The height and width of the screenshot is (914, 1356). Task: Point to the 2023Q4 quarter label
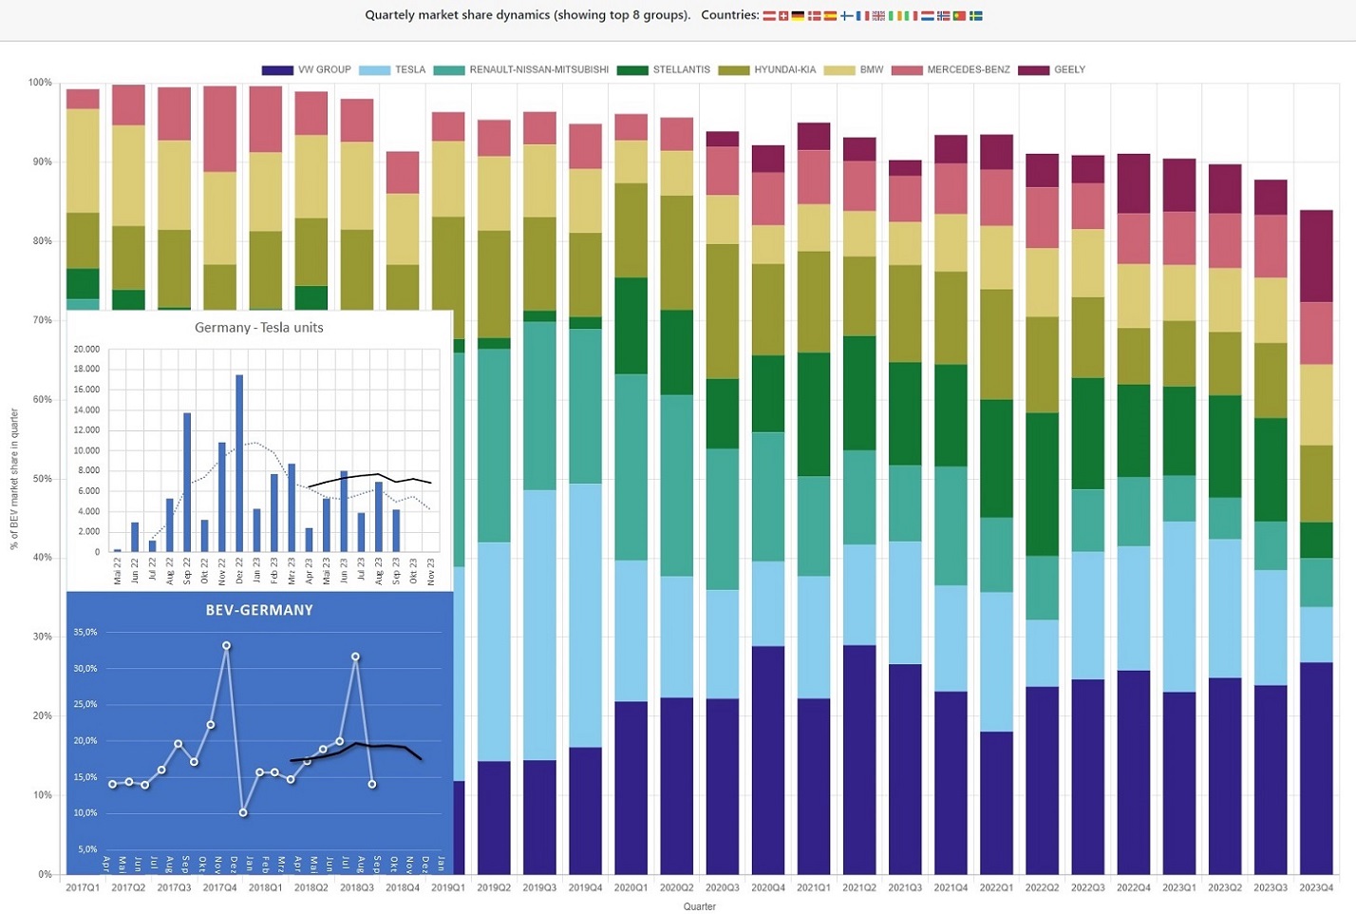tap(1316, 887)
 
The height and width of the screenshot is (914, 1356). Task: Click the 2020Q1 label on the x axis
tap(631, 887)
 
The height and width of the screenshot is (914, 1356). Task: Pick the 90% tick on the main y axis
tap(40, 162)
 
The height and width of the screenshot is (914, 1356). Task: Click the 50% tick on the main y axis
tap(40, 479)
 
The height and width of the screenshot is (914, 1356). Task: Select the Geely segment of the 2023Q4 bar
tap(1316, 256)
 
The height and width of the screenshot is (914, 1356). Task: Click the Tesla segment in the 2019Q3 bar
tap(539, 624)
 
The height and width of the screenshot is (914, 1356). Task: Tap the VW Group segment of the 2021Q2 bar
tap(859, 759)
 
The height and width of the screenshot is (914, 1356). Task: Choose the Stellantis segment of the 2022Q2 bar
tap(1042, 484)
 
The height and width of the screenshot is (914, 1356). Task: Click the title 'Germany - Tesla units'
tap(258, 328)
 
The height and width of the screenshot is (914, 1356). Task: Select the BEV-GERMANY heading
tap(259, 610)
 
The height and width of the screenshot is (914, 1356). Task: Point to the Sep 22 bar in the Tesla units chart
tap(187, 482)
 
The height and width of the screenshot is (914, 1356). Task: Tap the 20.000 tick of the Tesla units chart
tap(86, 349)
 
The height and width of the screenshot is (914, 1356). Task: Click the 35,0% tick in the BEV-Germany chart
tap(85, 632)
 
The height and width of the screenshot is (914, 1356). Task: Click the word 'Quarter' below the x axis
tap(700, 906)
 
